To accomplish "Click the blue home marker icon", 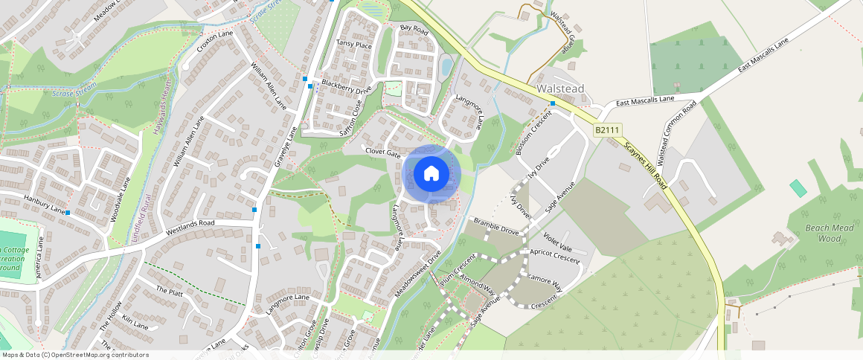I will tap(431, 174).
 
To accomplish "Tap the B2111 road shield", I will tap(607, 130).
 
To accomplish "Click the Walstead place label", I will tap(560, 89).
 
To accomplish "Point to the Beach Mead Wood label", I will tap(830, 233).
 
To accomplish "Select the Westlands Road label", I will tap(190, 223).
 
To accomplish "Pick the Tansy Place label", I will tap(353, 45).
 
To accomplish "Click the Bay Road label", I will tap(414, 29).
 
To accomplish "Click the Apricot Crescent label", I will tap(554, 256).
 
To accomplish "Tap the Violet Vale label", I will tap(558, 242).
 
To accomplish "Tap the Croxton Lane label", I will tap(215, 39).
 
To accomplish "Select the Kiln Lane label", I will tap(135, 324).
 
